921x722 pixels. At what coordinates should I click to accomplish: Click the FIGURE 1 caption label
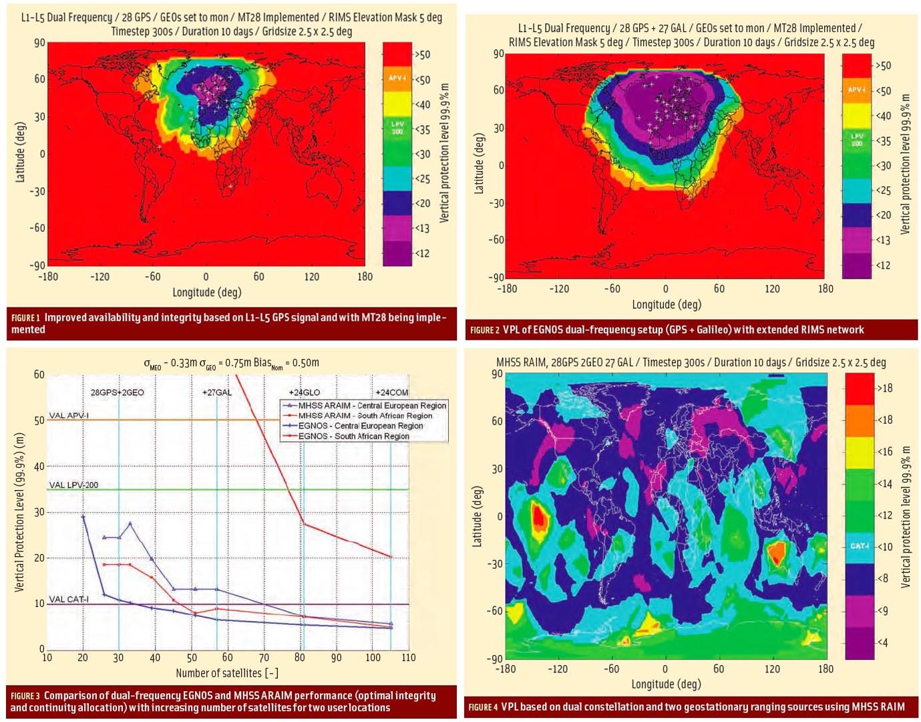pos(25,318)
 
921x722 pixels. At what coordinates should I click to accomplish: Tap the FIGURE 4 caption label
pos(483,707)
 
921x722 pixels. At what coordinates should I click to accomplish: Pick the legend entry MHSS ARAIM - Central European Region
pos(372,406)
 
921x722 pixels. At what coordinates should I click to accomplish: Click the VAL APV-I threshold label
pos(69,415)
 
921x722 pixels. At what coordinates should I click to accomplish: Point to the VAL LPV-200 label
pos(73,485)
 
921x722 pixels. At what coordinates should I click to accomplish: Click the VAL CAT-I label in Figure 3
pos(69,599)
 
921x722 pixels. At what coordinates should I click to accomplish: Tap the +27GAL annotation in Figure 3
pos(217,392)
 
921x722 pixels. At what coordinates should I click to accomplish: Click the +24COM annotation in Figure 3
pos(391,392)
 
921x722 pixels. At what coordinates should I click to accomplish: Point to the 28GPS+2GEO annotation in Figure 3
pos(118,392)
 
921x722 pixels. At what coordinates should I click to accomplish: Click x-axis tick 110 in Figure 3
pos(408,658)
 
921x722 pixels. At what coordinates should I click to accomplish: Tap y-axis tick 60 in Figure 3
pos(39,374)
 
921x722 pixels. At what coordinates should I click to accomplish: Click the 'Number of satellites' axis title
pos(227,673)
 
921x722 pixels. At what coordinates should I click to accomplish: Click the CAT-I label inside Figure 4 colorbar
pos(860,546)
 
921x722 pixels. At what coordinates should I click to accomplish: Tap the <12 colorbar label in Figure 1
pos(422,253)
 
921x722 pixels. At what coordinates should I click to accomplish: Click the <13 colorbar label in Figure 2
pos(883,240)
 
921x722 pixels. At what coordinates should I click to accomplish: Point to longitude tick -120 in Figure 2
pos(559,289)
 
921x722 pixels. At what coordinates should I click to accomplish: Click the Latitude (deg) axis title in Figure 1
pos(20,152)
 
